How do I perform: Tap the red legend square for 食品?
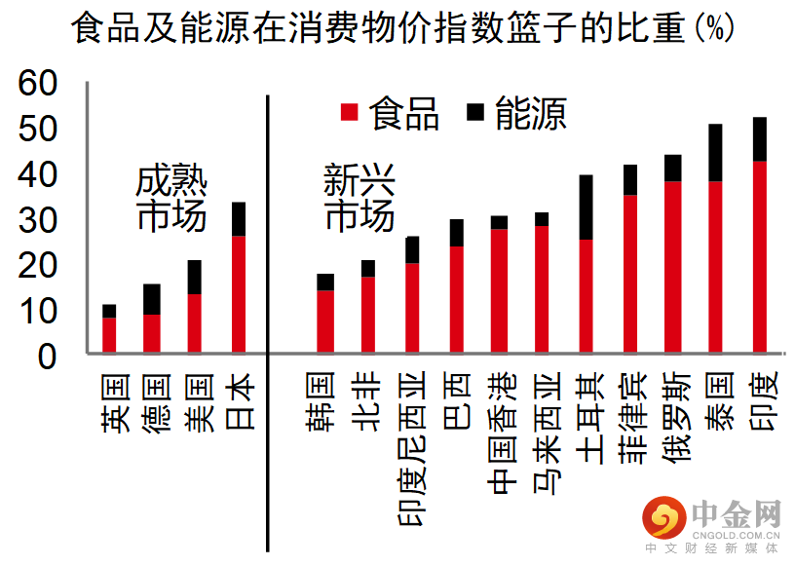click(350, 113)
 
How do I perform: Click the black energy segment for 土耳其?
click(587, 208)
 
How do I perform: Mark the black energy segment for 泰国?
click(716, 153)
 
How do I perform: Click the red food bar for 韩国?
click(325, 321)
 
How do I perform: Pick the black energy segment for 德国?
click(152, 299)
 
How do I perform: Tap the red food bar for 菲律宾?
click(630, 274)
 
